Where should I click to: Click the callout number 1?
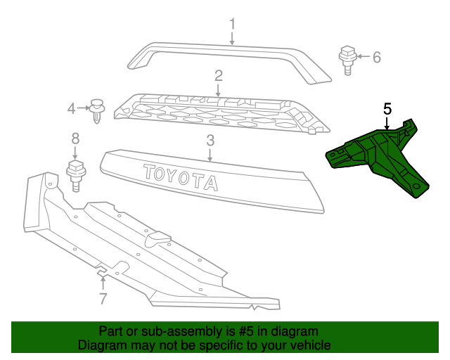click(x=232, y=24)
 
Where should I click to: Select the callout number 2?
click(x=219, y=76)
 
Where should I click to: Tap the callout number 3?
click(x=210, y=141)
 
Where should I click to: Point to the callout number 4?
click(x=71, y=109)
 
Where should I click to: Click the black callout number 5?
click(x=387, y=110)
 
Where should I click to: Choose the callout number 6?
click(x=377, y=57)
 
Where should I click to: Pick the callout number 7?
click(x=103, y=299)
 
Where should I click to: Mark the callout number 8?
click(x=75, y=139)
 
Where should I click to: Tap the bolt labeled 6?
click(x=347, y=60)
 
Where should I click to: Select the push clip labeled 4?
click(x=97, y=111)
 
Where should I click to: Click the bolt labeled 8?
click(x=76, y=176)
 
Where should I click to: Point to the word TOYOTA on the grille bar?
click(x=180, y=177)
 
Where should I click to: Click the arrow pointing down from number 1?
click(x=232, y=39)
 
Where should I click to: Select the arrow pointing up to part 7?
click(x=103, y=283)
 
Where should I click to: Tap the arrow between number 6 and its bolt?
click(x=364, y=56)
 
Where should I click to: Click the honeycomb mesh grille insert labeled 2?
click(x=221, y=115)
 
